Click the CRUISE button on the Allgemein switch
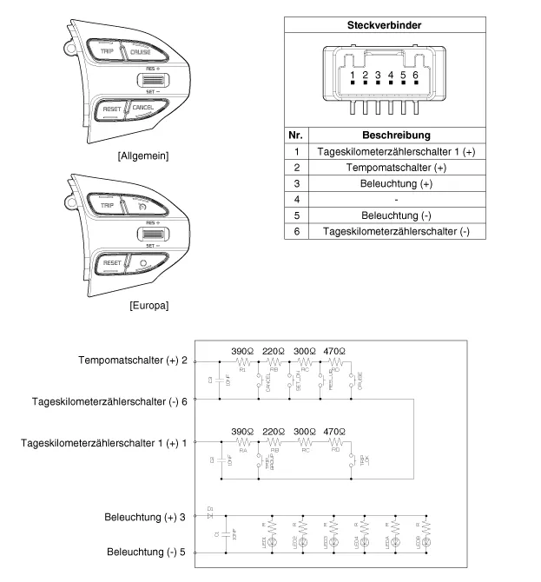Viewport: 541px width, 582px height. (139, 52)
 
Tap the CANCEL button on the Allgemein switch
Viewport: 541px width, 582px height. (143, 107)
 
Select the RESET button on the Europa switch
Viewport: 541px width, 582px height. (112, 262)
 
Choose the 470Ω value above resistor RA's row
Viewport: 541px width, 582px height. (333, 431)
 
